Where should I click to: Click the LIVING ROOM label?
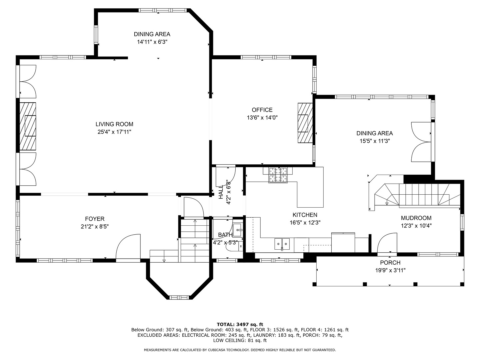pos(114,124)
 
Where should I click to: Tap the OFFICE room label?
pos(262,110)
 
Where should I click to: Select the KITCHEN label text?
pos(305,215)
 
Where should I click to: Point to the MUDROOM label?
pos(416,218)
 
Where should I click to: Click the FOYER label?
pos(95,219)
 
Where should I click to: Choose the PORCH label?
pos(390,263)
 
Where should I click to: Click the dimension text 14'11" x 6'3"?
pos(152,42)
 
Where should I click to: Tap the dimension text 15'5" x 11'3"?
pos(375,141)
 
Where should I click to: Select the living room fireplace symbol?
pos(28,126)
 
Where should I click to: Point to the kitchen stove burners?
pos(278,175)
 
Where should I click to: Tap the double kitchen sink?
pos(282,244)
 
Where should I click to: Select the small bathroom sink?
pos(238,230)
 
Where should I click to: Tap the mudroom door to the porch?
pos(387,244)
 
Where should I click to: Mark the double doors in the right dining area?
pos(421,142)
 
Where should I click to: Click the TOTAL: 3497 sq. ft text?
pos(240,324)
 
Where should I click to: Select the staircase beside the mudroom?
pos(418,196)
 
